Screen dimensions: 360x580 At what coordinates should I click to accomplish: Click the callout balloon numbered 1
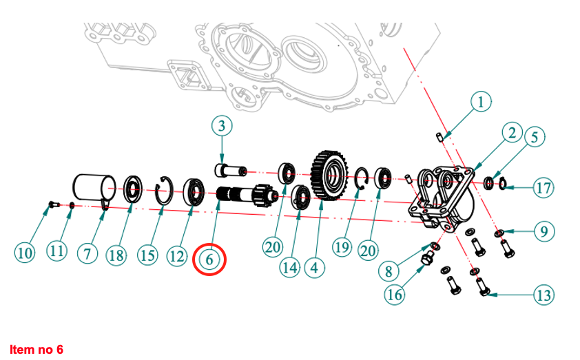[481, 103]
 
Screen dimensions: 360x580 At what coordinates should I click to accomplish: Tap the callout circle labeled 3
[221, 125]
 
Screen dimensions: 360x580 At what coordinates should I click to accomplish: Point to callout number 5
[535, 138]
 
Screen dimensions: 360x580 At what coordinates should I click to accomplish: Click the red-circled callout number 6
[209, 260]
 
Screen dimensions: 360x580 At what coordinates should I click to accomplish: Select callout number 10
[25, 253]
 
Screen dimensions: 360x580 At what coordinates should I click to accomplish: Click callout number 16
[395, 295]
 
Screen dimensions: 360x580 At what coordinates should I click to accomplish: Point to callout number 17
[544, 188]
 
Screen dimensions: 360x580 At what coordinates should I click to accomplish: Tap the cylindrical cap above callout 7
[93, 187]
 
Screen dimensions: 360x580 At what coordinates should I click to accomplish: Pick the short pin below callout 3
[231, 169]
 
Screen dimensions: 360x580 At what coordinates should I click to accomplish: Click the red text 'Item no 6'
[36, 350]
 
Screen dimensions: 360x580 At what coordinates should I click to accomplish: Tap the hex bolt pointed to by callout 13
[481, 288]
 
